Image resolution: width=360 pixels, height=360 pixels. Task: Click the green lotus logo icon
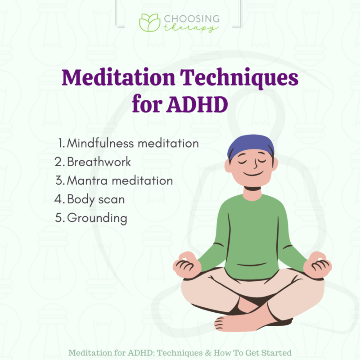149,23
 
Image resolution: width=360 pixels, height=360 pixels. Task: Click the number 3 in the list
59,180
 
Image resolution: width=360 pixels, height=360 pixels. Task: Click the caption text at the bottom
180,352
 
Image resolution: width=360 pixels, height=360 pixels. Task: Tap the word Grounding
97,218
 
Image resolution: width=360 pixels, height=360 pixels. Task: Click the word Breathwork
99,162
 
